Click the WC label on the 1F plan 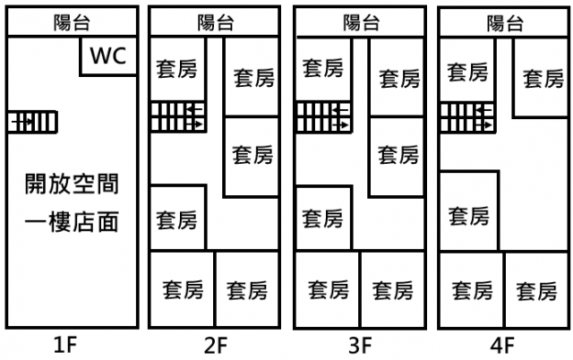108,56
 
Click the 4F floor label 503,344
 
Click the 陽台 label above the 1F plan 70,23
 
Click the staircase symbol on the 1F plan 32,121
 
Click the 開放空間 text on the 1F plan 71,185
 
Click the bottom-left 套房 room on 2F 183,290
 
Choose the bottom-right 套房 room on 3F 392,290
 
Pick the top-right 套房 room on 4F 543,78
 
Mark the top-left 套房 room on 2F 176,68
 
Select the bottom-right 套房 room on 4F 537,290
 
